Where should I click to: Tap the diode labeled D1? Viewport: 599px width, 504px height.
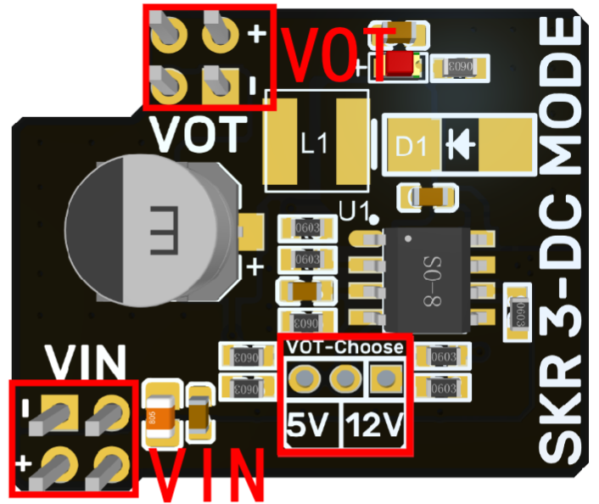[459, 146]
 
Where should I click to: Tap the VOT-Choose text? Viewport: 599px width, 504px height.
[344, 347]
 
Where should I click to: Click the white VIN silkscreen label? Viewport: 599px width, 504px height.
[87, 362]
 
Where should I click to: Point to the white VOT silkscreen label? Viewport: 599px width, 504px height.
[200, 133]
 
